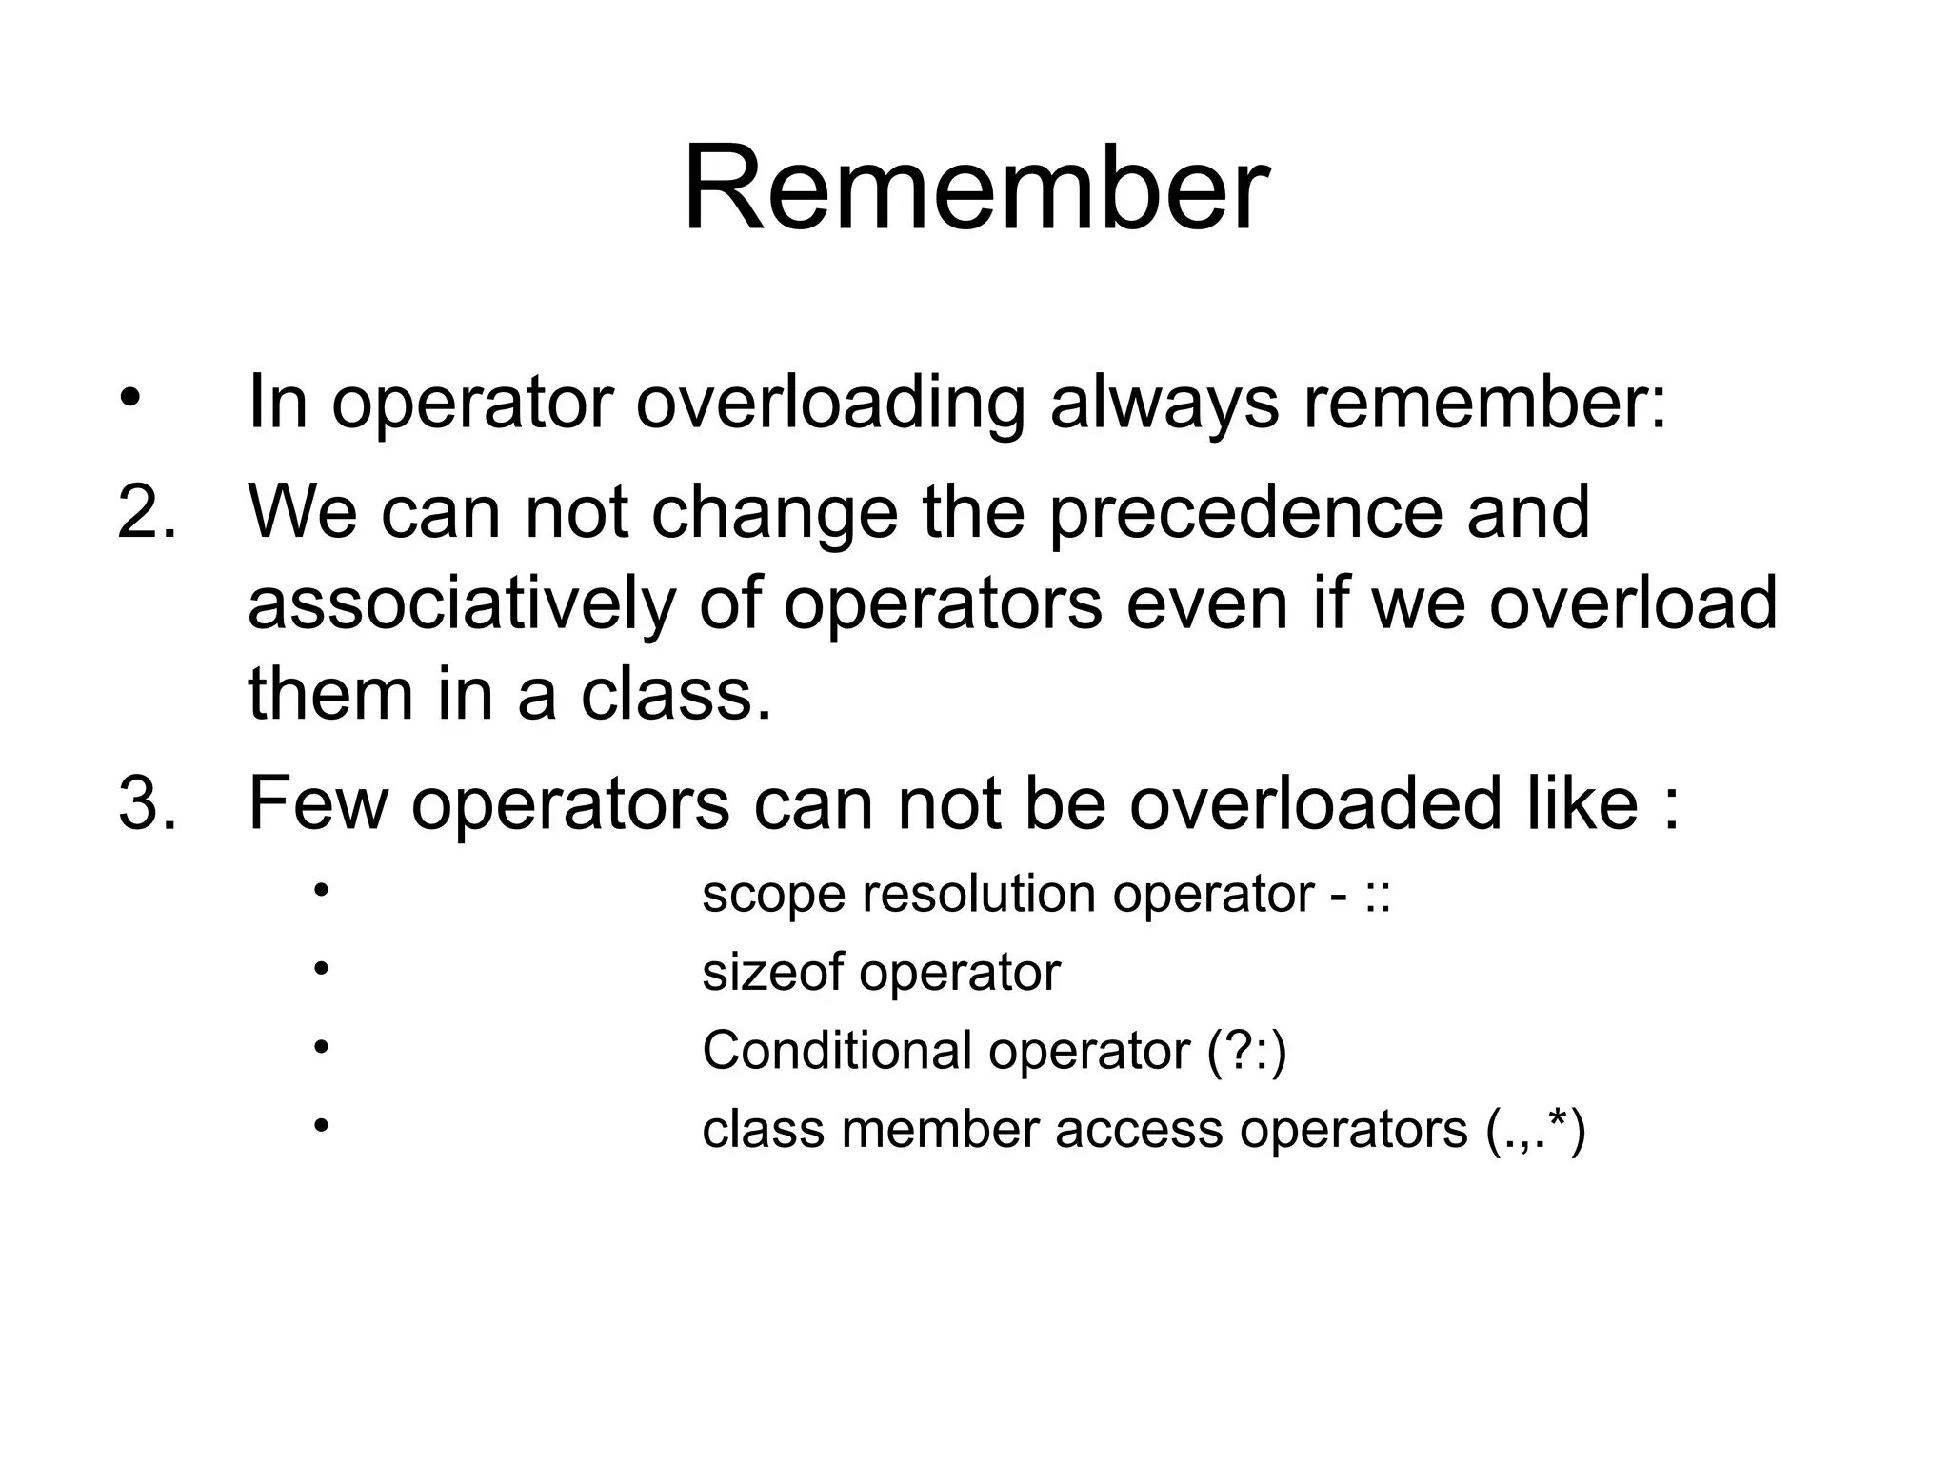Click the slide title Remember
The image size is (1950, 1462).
(975, 188)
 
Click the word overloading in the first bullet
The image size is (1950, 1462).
(830, 404)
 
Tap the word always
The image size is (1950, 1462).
(1164, 404)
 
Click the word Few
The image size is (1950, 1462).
(318, 804)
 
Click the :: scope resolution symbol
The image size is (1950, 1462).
(1378, 896)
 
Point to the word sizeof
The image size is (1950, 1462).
(772, 974)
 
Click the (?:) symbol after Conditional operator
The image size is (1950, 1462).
(1246, 1052)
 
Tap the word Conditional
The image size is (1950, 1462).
(835, 1052)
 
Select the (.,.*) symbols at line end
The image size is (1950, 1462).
(1535, 1131)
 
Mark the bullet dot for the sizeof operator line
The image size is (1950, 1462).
(321, 969)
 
